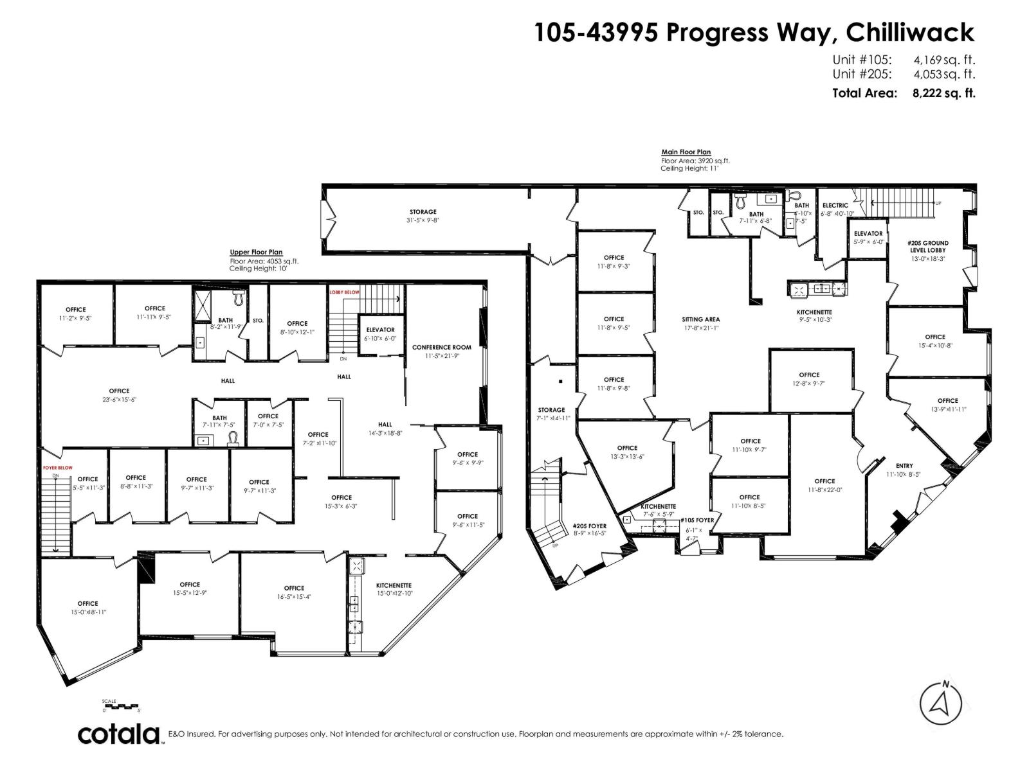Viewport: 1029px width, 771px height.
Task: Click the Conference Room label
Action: click(x=441, y=347)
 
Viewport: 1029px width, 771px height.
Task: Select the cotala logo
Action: click(x=119, y=734)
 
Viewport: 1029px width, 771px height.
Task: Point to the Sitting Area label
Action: click(x=700, y=319)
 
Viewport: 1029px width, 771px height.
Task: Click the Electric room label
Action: click(x=835, y=206)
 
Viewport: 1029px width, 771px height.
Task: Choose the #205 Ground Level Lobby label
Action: click(x=928, y=247)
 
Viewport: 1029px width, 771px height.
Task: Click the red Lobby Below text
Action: click(x=344, y=292)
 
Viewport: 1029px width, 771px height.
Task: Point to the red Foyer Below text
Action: click(x=57, y=468)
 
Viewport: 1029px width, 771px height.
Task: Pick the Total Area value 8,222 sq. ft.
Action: click(x=943, y=93)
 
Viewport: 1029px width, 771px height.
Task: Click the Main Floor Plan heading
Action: click(x=686, y=152)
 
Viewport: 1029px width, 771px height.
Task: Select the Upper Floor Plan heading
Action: click(x=256, y=253)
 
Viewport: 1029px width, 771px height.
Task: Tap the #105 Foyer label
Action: click(x=697, y=520)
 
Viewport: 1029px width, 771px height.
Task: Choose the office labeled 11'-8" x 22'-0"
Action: click(x=824, y=481)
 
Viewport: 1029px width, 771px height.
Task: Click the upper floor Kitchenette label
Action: click(x=394, y=585)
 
